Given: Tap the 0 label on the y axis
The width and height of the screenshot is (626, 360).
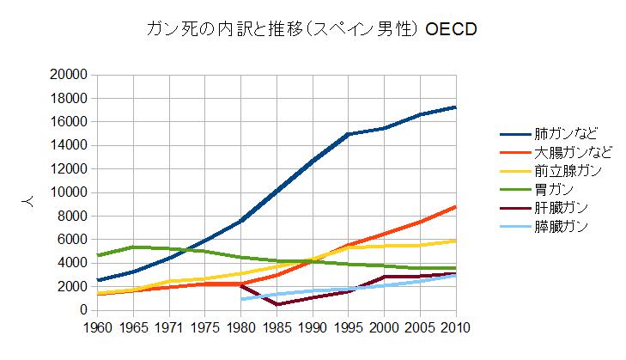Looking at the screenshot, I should (x=85, y=309).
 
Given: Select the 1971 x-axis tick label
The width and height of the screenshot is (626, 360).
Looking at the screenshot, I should (x=171, y=327).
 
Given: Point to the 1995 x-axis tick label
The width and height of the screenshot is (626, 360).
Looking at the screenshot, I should (x=348, y=327).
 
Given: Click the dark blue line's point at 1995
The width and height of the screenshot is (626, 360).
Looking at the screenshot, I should (x=348, y=134).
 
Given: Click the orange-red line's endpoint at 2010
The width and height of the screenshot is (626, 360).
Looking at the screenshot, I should (x=454, y=206).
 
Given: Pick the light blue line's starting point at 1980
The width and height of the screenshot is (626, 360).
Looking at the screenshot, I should (x=242, y=299).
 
